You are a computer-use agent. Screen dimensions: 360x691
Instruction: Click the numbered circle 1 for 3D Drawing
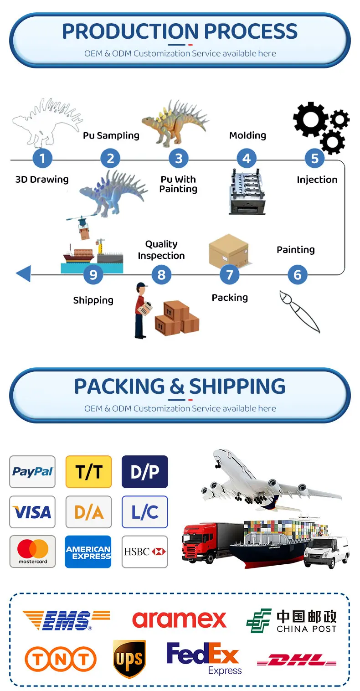[42, 159]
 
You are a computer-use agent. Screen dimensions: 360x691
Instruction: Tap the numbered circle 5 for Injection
[314, 159]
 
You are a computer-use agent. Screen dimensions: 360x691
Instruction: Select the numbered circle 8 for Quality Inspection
[161, 275]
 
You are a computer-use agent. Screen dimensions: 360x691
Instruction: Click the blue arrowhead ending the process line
[23, 274]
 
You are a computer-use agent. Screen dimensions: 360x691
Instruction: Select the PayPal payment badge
[32, 472]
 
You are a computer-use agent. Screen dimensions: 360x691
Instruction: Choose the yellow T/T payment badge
[88, 472]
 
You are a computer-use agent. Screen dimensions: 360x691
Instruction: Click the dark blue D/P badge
[145, 472]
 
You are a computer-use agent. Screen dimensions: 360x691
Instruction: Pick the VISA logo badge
[32, 512]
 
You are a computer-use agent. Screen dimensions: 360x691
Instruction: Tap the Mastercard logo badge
[32, 552]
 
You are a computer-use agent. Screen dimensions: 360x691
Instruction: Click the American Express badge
[88, 552]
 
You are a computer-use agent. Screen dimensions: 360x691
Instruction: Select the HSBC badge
[145, 552]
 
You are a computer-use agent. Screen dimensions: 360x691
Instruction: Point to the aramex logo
[179, 619]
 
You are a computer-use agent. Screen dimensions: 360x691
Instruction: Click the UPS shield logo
[129, 659]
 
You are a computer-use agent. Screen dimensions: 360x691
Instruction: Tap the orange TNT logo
[61, 659]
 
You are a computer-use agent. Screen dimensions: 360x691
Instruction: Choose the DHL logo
[297, 660]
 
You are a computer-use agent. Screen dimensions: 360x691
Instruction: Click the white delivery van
[326, 552]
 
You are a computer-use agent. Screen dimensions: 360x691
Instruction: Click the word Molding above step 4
[247, 135]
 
